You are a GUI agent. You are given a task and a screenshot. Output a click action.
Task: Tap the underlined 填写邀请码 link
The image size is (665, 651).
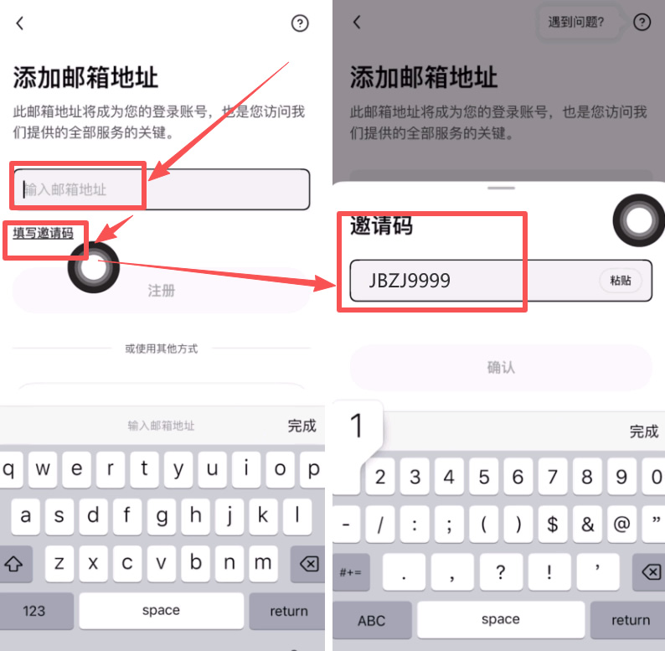[x=43, y=233]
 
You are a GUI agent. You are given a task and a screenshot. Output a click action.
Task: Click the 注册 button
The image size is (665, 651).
[x=161, y=291]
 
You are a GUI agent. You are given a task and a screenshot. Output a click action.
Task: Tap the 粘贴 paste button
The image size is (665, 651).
[x=621, y=281]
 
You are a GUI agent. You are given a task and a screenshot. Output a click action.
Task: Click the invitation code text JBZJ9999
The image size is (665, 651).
[x=410, y=281]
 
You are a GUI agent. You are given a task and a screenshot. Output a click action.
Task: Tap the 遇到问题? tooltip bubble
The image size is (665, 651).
[x=576, y=23]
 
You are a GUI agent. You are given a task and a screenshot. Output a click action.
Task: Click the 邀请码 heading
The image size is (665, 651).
[x=381, y=225]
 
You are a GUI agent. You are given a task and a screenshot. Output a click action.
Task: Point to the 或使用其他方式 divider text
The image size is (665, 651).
[x=161, y=349]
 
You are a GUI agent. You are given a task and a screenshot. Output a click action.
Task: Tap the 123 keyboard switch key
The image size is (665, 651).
[x=34, y=610]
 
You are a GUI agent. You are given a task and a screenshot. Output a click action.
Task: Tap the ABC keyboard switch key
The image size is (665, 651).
[x=371, y=620]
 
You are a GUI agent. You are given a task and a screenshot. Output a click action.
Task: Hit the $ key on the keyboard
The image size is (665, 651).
[x=553, y=524]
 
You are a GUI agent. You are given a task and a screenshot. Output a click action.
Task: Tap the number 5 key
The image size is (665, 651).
[x=483, y=478]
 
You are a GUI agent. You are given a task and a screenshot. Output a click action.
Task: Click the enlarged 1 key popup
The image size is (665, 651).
[x=358, y=426]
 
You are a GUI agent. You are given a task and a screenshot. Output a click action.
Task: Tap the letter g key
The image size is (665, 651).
[x=161, y=515]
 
